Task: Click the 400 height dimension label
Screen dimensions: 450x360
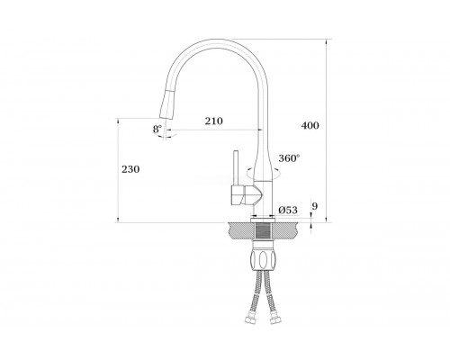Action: (310, 125)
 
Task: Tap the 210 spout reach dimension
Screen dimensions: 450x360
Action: (214, 121)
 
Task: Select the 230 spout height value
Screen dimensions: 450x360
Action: (130, 169)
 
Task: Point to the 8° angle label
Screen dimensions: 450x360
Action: (157, 129)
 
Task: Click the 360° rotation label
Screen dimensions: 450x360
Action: (289, 157)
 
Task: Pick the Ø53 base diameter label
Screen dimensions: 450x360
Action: (288, 210)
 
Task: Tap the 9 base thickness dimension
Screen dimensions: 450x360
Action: (315, 206)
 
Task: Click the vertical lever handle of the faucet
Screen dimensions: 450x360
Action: (236, 168)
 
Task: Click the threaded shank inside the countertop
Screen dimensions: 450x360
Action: (264, 231)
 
